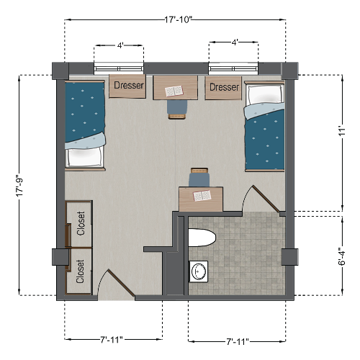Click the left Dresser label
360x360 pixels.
pos(129,86)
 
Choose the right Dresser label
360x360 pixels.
pos(224,86)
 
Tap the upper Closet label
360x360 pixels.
pos(81,223)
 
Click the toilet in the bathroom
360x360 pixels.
pos(201,238)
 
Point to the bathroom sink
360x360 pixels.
pos(199,271)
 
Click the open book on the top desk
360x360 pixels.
pos(174,91)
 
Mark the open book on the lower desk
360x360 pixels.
pos(201,195)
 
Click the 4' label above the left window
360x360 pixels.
pos(120,44)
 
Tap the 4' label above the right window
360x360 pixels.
pos(234,42)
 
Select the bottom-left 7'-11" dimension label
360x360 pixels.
pos(114,338)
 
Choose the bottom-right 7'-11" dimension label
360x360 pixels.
pos(237,338)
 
